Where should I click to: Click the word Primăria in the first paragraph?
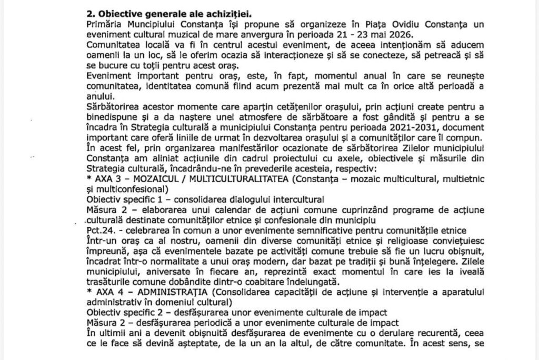pyautogui.click(x=104, y=25)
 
